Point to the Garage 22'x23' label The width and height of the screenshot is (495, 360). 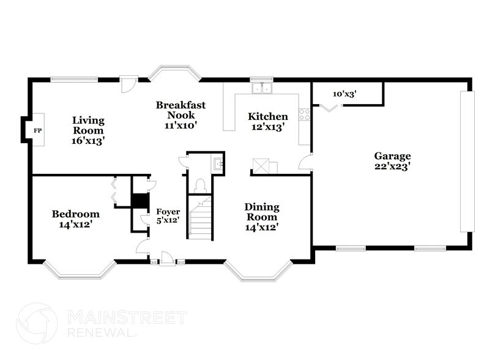(392, 160)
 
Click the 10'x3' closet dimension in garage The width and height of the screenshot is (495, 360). (344, 94)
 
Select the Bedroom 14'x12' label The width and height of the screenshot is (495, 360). (75, 219)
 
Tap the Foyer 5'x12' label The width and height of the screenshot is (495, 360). (168, 216)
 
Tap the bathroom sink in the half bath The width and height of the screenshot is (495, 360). (217, 163)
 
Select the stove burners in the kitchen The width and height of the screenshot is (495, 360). (303, 114)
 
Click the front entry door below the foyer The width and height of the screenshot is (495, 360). (167, 260)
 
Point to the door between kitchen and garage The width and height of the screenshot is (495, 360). (306, 162)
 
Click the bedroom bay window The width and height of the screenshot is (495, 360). (80, 270)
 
